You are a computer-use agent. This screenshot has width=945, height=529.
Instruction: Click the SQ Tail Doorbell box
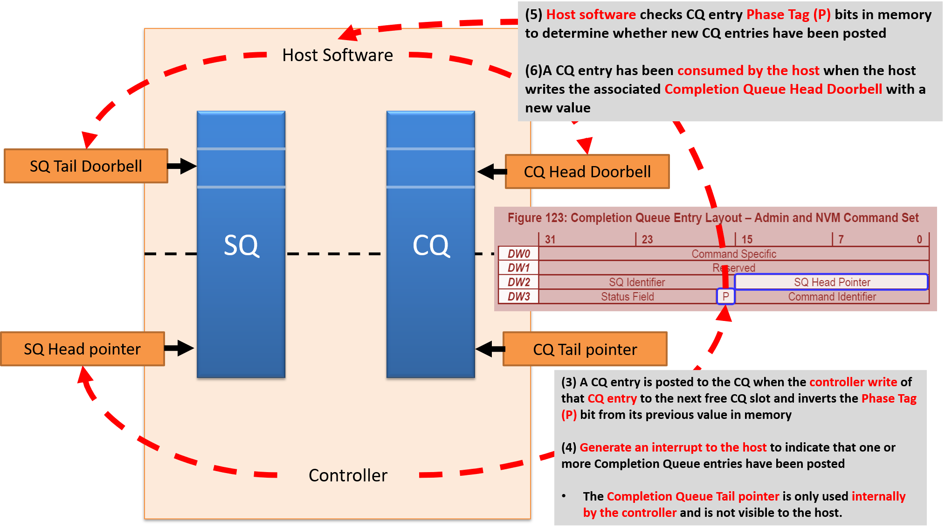pyautogui.click(x=86, y=166)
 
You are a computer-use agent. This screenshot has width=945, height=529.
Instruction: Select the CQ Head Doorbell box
pyautogui.click(x=587, y=172)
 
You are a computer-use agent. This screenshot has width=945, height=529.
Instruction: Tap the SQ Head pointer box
pyautogui.click(x=83, y=349)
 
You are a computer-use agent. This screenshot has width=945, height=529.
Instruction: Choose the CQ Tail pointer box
pyautogui.click(x=585, y=349)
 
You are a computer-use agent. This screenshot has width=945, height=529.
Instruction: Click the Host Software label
pyautogui.click(x=338, y=55)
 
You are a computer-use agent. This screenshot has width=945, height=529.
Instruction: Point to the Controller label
pyautogui.click(x=348, y=475)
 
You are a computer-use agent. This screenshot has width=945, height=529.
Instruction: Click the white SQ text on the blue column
pyautogui.click(x=241, y=245)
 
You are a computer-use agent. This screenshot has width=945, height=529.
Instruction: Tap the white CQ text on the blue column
pyautogui.click(x=431, y=245)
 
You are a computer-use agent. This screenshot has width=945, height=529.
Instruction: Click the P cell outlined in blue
pyautogui.click(x=725, y=296)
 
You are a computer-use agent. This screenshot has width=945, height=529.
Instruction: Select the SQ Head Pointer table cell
pyautogui.click(x=832, y=282)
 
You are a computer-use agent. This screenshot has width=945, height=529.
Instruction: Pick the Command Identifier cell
pyautogui.click(x=832, y=297)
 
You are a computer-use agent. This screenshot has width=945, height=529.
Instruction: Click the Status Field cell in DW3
pyautogui.click(x=627, y=297)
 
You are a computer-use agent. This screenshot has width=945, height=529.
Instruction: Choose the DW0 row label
pyautogui.click(x=518, y=254)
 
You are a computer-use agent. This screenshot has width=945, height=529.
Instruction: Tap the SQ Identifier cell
pyautogui.click(x=636, y=282)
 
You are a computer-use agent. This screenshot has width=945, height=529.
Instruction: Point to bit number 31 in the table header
pyautogui.click(x=550, y=239)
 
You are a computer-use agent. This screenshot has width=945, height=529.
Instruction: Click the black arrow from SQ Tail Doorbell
pyautogui.click(x=182, y=166)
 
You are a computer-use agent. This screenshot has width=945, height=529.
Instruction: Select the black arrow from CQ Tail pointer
pyautogui.click(x=490, y=349)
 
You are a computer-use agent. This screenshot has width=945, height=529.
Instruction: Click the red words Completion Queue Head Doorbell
pyautogui.click(x=773, y=89)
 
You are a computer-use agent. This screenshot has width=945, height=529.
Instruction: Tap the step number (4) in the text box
pyautogui.click(x=568, y=447)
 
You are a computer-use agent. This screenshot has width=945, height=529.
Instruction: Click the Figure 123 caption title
pyautogui.click(x=713, y=218)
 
